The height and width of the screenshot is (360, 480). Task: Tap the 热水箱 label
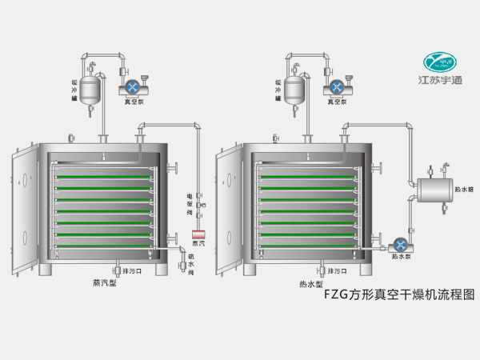(x=465, y=190)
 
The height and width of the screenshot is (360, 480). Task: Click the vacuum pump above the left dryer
(x=132, y=86)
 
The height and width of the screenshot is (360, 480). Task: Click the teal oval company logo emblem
(x=442, y=61)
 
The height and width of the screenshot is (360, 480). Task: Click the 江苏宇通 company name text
(x=442, y=80)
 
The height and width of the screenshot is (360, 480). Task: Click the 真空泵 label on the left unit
(x=132, y=102)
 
